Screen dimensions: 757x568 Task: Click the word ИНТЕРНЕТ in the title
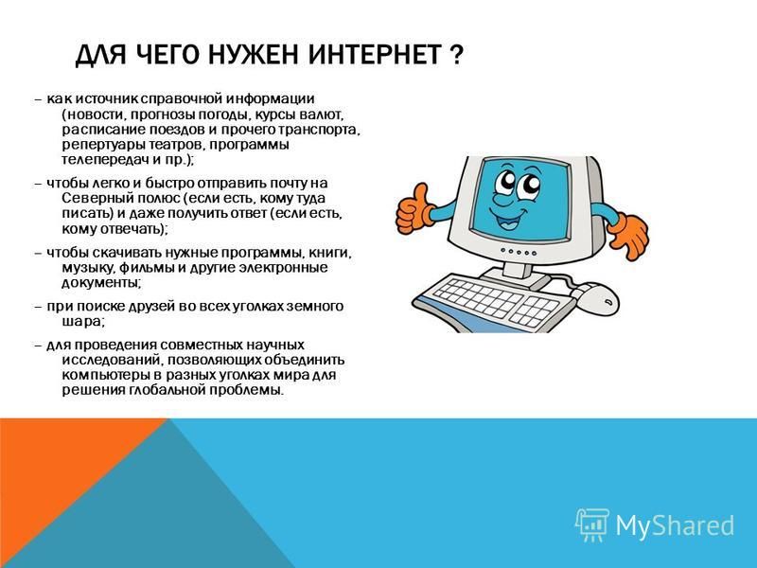374,54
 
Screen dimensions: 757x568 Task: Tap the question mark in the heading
456,54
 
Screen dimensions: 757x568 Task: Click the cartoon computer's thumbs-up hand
414,209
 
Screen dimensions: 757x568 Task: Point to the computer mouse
598,298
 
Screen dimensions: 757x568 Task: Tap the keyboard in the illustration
492,302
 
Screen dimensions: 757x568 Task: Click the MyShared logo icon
592,524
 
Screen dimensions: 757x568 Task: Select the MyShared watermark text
675,525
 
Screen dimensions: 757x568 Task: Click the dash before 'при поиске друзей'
39,307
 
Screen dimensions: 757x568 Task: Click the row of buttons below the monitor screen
519,252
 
